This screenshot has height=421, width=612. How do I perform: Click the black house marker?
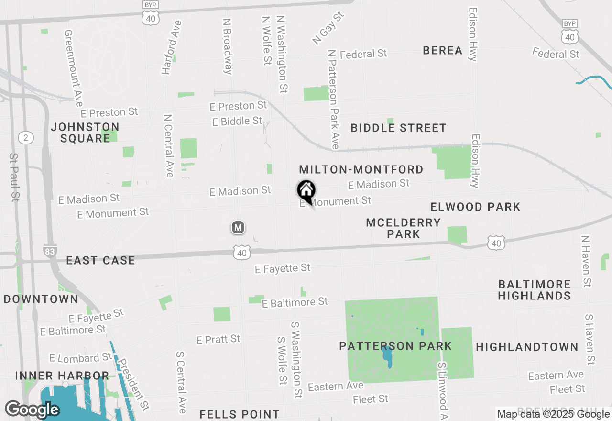click(x=306, y=192)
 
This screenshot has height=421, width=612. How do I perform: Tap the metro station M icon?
click(x=238, y=227)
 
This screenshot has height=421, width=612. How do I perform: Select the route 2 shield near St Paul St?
click(x=26, y=138)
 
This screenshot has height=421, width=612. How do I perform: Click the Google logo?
click(x=32, y=410)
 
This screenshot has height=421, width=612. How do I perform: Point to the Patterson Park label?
click(x=395, y=346)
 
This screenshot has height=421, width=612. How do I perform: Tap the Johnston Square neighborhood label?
click(x=85, y=133)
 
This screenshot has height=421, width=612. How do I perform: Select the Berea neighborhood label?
click(x=443, y=50)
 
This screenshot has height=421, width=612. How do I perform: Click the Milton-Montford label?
click(x=361, y=169)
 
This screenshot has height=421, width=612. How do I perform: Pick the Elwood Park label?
click(x=475, y=207)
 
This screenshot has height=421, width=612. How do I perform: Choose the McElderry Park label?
click(x=404, y=228)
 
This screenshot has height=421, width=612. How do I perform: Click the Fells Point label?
click(x=240, y=414)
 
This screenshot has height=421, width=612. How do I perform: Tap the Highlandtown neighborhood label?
click(x=527, y=347)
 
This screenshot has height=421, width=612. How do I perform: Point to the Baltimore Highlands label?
click(x=534, y=290)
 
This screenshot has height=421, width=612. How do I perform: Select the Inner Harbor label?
click(x=62, y=376)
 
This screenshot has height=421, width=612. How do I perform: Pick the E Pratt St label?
click(x=218, y=339)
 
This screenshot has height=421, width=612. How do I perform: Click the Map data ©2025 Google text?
click(x=553, y=414)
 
